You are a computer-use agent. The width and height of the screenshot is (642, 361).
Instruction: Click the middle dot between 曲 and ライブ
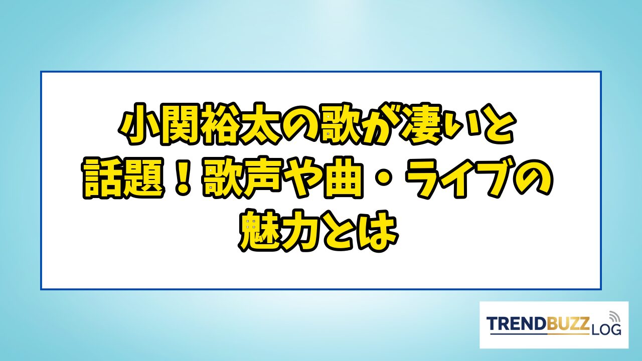(x=384, y=177)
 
